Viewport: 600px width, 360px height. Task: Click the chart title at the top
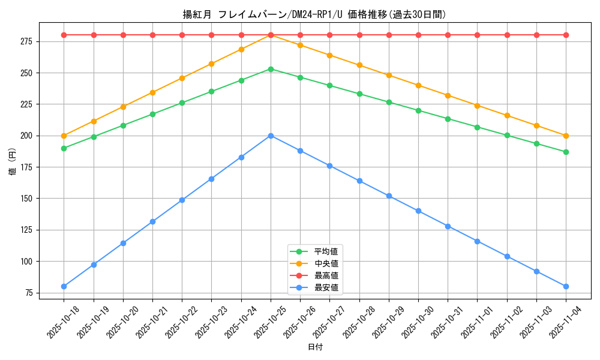pos(314,14)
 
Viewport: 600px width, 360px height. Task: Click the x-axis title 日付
pos(314,347)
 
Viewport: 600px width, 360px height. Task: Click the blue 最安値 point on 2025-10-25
pos(271,136)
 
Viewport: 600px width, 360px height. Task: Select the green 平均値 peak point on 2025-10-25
pos(271,69)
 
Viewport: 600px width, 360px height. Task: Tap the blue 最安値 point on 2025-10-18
pos(64,286)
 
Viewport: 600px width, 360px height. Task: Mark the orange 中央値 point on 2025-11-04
pos(566,136)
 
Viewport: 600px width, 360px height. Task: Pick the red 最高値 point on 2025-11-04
pos(566,35)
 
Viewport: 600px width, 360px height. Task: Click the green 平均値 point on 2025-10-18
pos(64,148)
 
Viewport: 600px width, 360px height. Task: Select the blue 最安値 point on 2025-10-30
pos(418,211)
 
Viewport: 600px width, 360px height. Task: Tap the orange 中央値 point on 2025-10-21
pos(152,92)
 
